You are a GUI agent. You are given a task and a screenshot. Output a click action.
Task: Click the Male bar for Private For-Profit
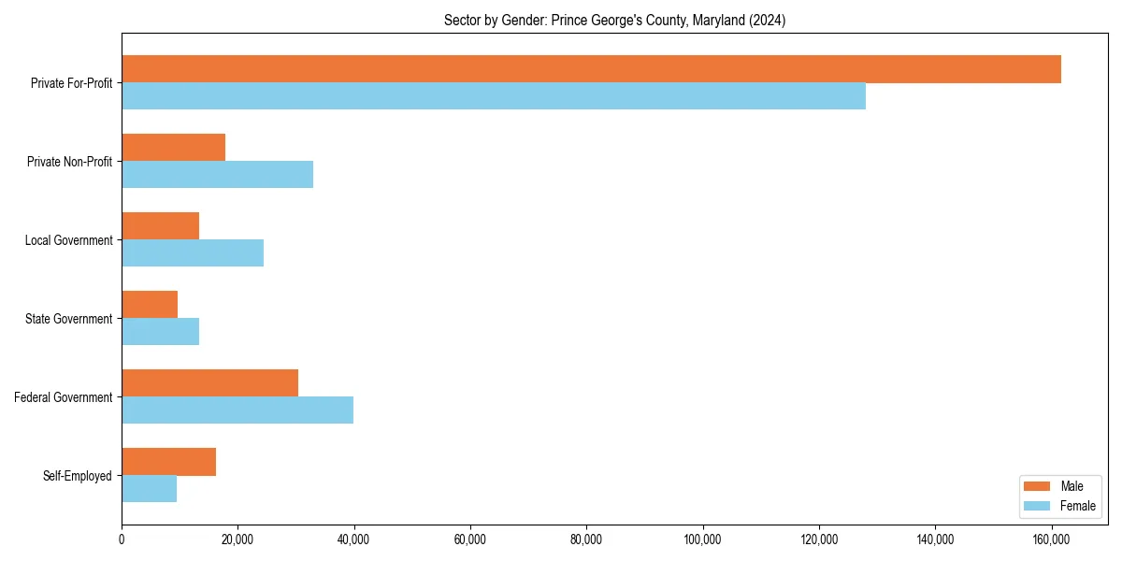[x=591, y=69]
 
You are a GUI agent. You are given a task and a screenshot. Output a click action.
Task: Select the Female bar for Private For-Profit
[x=494, y=96]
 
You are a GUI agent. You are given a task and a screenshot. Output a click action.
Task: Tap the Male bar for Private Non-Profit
[x=173, y=148]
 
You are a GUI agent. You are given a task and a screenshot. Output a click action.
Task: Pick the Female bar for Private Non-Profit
[x=217, y=175]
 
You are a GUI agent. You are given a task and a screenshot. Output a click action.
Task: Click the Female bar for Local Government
[x=193, y=253]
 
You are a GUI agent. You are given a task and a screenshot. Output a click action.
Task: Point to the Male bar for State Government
[x=150, y=305]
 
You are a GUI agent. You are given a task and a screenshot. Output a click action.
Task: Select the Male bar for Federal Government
[x=209, y=383]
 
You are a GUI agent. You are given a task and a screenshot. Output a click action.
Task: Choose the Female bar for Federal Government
[x=237, y=410]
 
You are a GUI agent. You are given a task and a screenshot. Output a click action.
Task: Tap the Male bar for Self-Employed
[x=168, y=462]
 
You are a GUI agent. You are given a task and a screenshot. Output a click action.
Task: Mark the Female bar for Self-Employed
[x=149, y=489]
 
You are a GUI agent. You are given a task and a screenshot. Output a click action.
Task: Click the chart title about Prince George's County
[x=614, y=20]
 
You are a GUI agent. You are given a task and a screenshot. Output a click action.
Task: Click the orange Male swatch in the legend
[x=1038, y=486]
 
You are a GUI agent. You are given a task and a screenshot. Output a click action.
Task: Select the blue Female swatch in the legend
[x=1038, y=506]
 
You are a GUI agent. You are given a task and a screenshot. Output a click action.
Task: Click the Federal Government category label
[x=64, y=397]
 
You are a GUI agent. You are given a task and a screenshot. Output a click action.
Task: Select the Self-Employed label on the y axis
[x=78, y=476]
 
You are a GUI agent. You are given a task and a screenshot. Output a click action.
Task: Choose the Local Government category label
[x=69, y=240]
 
